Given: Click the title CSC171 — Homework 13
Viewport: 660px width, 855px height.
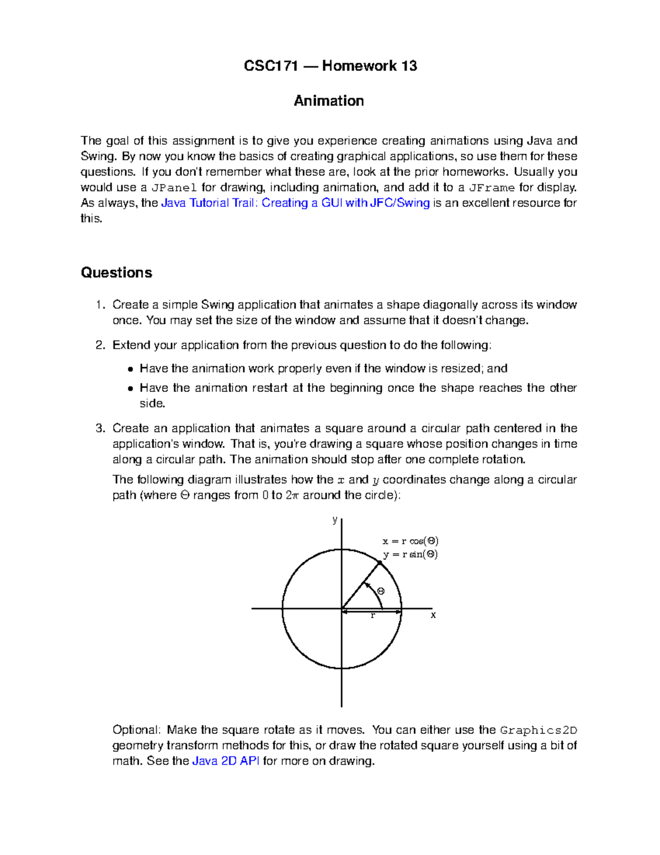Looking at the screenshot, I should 330,66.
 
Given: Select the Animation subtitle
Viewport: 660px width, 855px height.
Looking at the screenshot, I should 329,101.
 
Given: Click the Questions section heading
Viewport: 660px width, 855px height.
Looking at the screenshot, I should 116,273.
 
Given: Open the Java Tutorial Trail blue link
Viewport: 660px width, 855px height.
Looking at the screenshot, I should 295,203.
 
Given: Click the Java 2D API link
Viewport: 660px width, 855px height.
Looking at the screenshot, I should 226,761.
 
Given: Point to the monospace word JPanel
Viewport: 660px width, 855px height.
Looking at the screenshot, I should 174,188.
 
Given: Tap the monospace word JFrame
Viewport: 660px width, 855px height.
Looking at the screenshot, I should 492,188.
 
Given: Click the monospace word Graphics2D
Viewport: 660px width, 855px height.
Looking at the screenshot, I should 538,731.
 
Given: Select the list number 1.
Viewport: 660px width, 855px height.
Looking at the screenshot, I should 98,305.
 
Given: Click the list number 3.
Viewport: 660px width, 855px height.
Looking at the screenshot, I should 98,428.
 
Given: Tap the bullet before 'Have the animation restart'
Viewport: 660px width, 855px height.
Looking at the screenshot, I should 130,388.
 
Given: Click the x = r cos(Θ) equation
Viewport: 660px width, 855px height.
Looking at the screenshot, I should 410,541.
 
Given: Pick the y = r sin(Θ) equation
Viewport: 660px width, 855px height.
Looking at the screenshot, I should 410,554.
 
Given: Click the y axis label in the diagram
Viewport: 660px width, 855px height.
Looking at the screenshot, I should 334,520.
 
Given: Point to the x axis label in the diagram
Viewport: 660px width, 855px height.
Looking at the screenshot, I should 433,615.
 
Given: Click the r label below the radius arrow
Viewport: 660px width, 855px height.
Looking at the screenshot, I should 373,616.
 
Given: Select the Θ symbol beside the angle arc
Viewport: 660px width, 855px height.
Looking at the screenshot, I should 381,591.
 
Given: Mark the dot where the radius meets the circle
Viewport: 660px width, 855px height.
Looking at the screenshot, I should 380,563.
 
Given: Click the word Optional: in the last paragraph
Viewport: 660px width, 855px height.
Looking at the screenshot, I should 136,730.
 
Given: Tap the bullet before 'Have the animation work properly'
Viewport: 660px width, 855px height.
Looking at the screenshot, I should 130,369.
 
